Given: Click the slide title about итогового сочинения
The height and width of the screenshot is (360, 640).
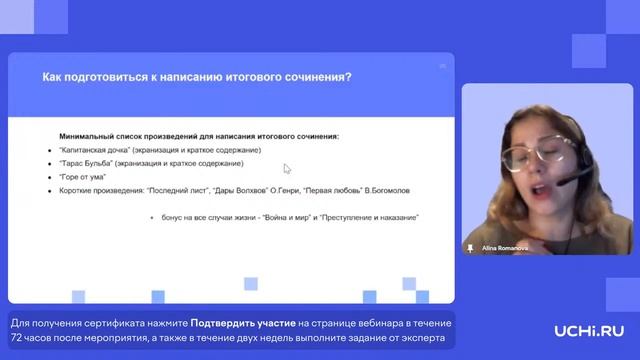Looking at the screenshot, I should pos(195,77).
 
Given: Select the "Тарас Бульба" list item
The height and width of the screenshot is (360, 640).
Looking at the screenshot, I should pos(150,162).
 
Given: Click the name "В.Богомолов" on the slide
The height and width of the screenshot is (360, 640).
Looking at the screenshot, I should pos(354,189).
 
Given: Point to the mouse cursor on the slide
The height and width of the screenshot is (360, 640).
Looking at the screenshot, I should pos(287,169).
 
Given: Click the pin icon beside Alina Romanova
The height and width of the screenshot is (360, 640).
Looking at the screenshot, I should pos(470,247).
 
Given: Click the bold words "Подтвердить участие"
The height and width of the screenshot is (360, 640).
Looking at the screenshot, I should pos(243,324).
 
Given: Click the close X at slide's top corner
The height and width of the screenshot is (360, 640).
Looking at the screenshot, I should pos(443,66).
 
